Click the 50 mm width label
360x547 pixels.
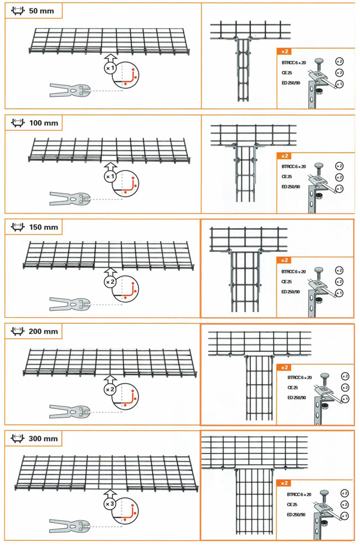click(42, 11)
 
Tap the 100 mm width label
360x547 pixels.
click(44, 123)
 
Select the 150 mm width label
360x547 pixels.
click(44, 227)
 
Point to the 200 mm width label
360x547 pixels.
click(44, 332)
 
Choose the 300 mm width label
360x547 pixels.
click(44, 438)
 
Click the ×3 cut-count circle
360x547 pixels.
click(110, 504)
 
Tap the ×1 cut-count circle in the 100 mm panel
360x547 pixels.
click(110, 177)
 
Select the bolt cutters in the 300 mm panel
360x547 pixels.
click(69, 526)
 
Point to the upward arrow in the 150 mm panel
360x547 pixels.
click(110, 272)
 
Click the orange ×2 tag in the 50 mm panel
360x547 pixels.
click(285, 51)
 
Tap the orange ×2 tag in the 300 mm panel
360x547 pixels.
click(285, 483)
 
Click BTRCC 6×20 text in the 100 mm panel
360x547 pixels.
click(294, 167)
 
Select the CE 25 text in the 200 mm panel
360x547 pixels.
click(292, 388)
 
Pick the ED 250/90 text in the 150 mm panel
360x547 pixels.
click(291, 292)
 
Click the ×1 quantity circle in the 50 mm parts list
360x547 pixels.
click(339, 84)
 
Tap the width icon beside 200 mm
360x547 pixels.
click(18, 331)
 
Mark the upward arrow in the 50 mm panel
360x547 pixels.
click(110, 59)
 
